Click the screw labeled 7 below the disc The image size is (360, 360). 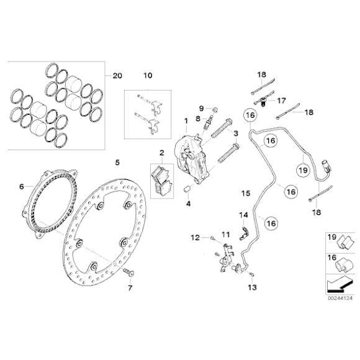[130, 274]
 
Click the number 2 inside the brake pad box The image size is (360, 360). [161, 153]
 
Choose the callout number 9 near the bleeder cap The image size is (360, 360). [200, 109]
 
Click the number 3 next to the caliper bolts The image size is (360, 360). [237, 133]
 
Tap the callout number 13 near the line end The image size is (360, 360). [251, 288]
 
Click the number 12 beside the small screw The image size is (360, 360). [195, 237]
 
